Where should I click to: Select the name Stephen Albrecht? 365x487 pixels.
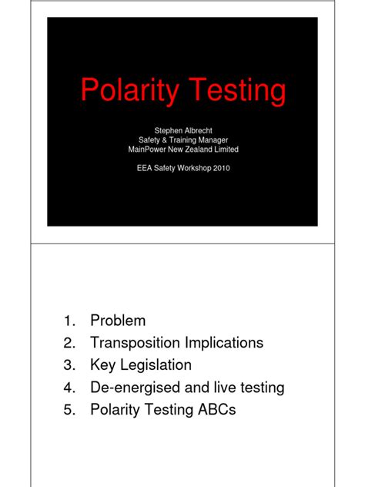tap(182, 130)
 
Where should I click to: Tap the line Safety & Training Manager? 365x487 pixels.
tap(182, 139)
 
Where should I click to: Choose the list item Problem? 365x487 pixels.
tap(117, 321)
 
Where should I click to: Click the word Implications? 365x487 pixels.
tap(225, 343)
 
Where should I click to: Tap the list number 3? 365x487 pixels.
tap(69, 365)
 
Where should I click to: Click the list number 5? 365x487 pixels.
tap(69, 410)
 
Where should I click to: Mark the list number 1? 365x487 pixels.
tap(69, 321)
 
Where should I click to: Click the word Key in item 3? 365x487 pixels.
tap(103, 365)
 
